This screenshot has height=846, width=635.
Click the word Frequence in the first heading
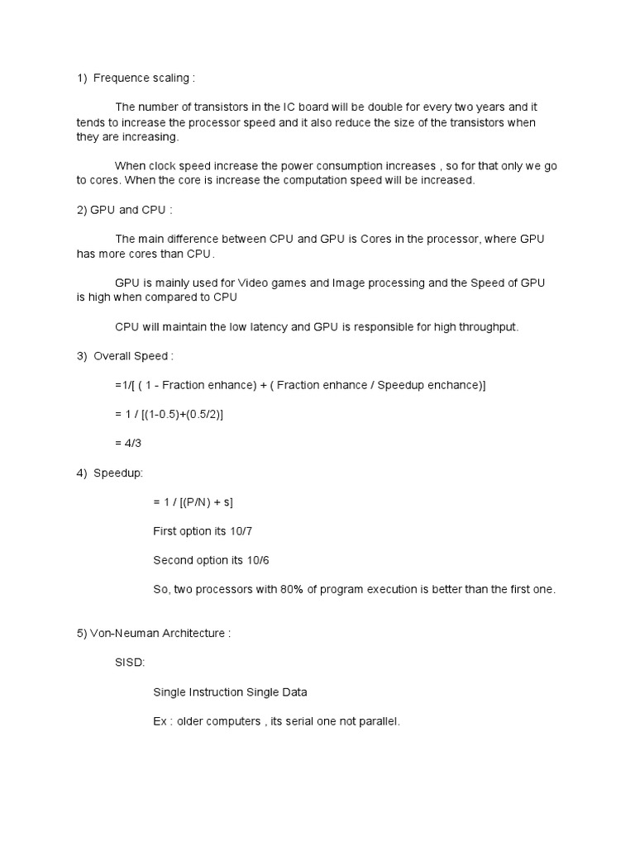(x=118, y=78)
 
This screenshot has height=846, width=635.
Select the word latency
(x=259, y=327)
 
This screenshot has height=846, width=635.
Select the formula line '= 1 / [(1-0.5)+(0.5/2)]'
(x=169, y=414)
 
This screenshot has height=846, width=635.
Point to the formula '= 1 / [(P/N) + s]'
(x=198, y=501)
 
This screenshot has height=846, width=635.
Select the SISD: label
(x=130, y=663)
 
